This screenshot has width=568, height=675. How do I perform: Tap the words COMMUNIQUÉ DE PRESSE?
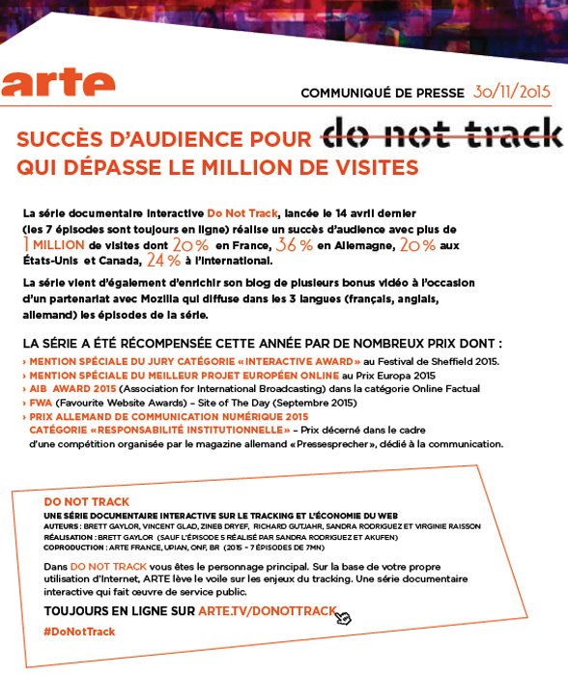(383, 93)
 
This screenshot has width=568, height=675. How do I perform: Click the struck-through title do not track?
(440, 136)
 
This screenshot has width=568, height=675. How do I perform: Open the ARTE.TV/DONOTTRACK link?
(267, 611)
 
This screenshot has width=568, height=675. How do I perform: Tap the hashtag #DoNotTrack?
(79, 631)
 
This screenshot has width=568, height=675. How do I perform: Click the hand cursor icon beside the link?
(344, 616)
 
